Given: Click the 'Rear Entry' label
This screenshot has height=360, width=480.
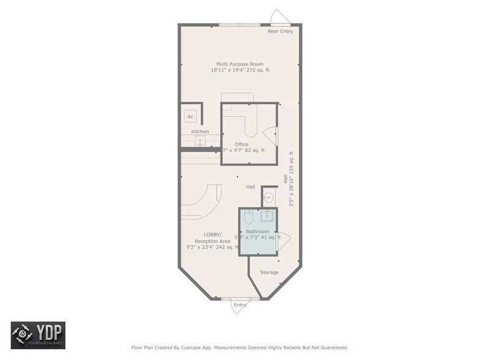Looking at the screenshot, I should click(x=280, y=31).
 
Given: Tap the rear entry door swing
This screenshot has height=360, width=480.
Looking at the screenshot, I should click(x=280, y=17).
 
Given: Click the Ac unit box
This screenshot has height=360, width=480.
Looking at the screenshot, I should click(x=190, y=116).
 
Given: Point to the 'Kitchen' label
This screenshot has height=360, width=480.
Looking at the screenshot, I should click(x=200, y=132).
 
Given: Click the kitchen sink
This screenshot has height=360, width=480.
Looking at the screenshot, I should click(x=200, y=141).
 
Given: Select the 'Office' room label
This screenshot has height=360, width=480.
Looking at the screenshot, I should click(x=241, y=144).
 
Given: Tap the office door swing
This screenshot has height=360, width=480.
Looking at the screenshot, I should click(x=270, y=135).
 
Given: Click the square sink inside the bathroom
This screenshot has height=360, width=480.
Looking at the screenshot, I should click(x=267, y=215).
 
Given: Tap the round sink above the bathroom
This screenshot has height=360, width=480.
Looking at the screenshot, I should click(x=268, y=197).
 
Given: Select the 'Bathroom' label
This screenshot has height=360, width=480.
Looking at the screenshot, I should click(x=257, y=231).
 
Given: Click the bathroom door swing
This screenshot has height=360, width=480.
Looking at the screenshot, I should click(x=283, y=241).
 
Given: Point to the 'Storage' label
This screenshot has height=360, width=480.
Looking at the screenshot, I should click(x=269, y=272).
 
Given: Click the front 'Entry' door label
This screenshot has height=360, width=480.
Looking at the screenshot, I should click(x=239, y=304).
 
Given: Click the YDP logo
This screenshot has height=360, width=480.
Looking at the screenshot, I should click(x=38, y=335).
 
